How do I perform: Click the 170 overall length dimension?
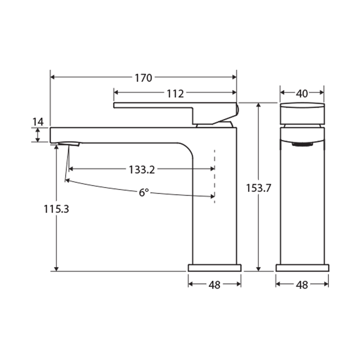click(x=143, y=77)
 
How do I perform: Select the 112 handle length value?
click(x=175, y=93)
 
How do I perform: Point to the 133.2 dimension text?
click(x=141, y=169)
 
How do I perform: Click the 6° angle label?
click(x=144, y=192)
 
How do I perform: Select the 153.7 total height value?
click(x=258, y=188)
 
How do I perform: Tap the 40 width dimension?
click(x=302, y=93)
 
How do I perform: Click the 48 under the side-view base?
click(x=214, y=284)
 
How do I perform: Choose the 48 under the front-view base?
click(x=302, y=284)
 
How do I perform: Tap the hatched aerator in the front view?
click(x=302, y=144)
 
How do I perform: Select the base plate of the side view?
click(x=214, y=267)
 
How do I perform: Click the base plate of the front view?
click(x=302, y=267)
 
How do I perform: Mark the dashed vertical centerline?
click(x=214, y=175)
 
